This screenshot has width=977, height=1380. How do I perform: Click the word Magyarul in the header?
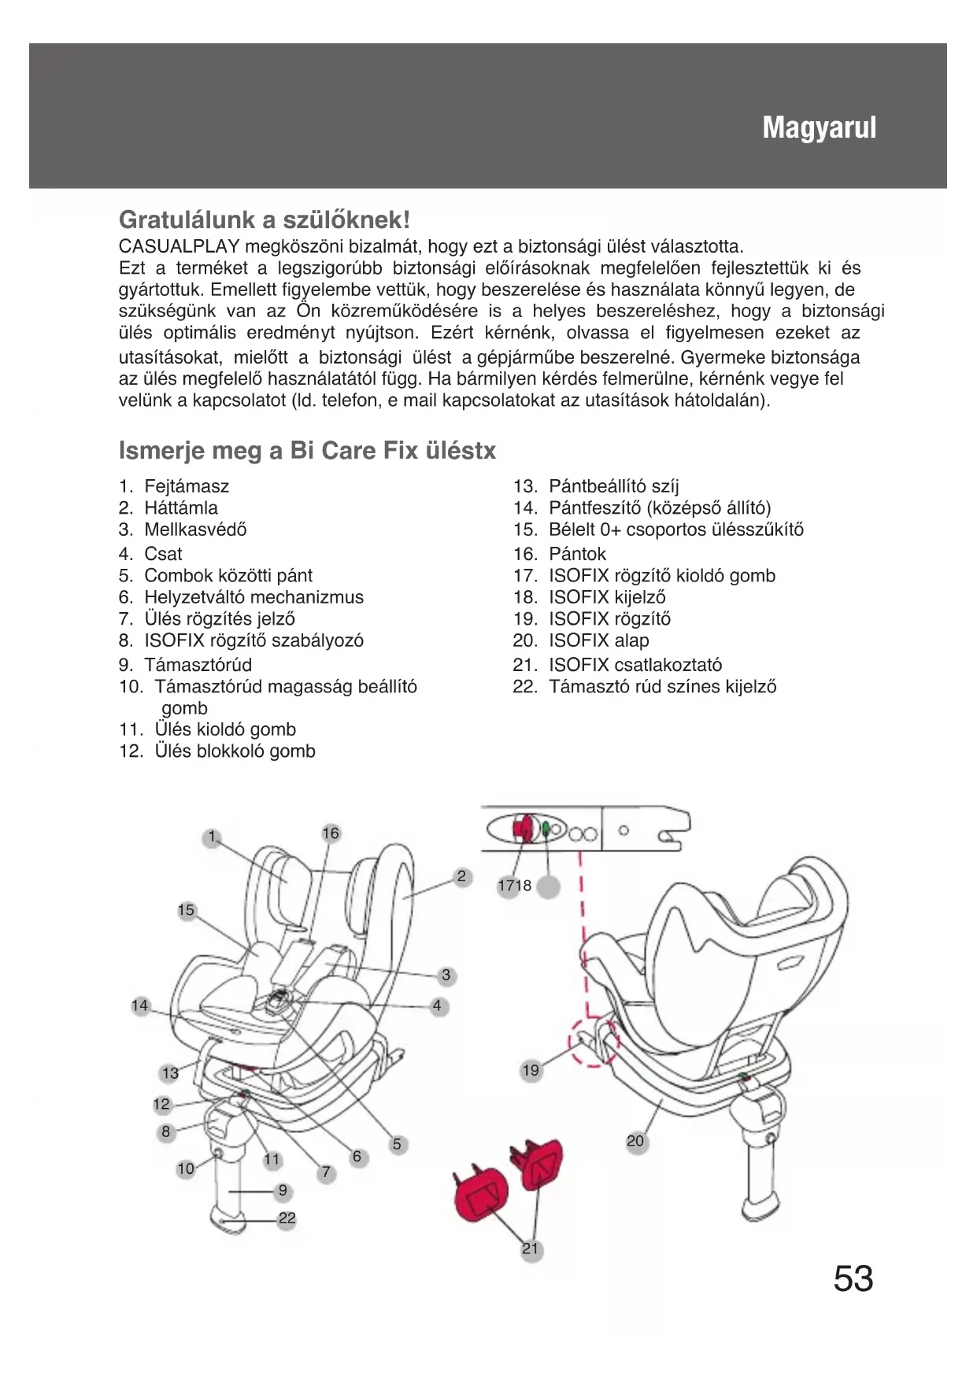pos(819,127)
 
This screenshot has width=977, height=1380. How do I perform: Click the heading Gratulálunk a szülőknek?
pos(265,219)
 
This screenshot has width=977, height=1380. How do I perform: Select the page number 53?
pos(853,1278)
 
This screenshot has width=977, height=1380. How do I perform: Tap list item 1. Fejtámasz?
pos(174,486)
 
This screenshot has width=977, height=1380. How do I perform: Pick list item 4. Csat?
pos(150,554)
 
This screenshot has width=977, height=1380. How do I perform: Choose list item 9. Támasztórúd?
pos(186,665)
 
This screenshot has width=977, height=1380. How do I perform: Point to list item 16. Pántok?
pos(560,554)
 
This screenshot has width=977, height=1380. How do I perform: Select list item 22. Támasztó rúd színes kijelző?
pos(645,687)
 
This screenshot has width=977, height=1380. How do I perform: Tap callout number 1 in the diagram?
pos(211,837)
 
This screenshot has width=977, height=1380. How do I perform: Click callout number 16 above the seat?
pos(331,833)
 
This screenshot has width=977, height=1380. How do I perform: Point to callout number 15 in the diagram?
pos(186,910)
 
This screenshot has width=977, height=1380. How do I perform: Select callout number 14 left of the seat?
pos(140,1005)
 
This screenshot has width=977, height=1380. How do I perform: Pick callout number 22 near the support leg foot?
pos(287,1219)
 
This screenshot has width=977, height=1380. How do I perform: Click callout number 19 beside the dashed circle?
pos(531,1070)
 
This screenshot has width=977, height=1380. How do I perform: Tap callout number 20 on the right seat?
pos(635,1141)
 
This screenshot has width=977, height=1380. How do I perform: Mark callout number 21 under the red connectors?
pos(531,1249)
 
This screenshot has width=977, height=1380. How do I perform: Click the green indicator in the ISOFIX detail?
pos(546,828)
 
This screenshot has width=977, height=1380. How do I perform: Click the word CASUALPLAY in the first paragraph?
pos(179,247)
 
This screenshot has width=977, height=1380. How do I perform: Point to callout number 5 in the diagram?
pos(397,1144)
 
